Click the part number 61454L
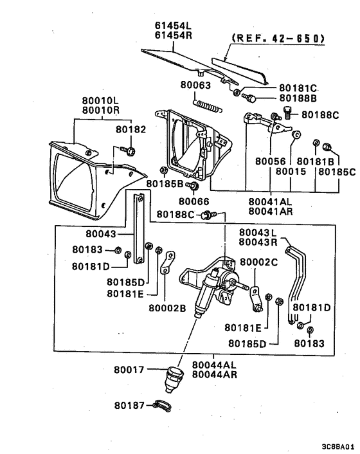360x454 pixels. pos(173,26)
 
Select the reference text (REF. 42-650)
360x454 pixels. pos(278,39)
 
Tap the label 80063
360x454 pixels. pos(195,84)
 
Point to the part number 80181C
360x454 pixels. pos(299,87)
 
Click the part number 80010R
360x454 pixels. pos(100,110)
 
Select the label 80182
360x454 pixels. pos(131,129)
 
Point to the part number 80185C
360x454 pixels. pos(336,172)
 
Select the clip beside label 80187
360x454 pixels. pos(163,406)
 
